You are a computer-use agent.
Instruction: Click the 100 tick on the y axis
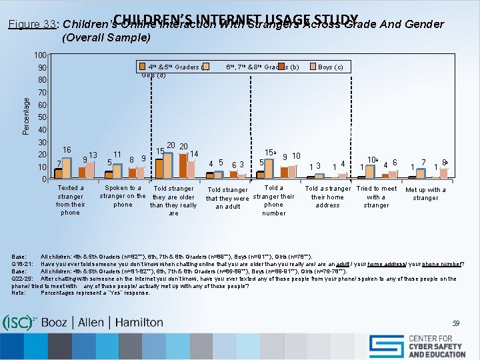(41, 55)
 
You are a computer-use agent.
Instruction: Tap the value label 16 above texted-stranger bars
(67, 150)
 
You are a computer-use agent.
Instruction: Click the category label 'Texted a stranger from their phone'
(70, 200)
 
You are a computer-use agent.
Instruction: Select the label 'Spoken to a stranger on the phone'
(123, 196)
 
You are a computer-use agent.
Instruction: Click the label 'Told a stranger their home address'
(327, 197)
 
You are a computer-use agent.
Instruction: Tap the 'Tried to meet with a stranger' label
(377, 197)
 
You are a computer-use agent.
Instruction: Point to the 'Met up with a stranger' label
(426, 193)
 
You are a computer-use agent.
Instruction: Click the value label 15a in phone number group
(271, 153)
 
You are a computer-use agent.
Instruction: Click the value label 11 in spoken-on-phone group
(117, 154)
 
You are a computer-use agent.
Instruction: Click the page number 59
(455, 323)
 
